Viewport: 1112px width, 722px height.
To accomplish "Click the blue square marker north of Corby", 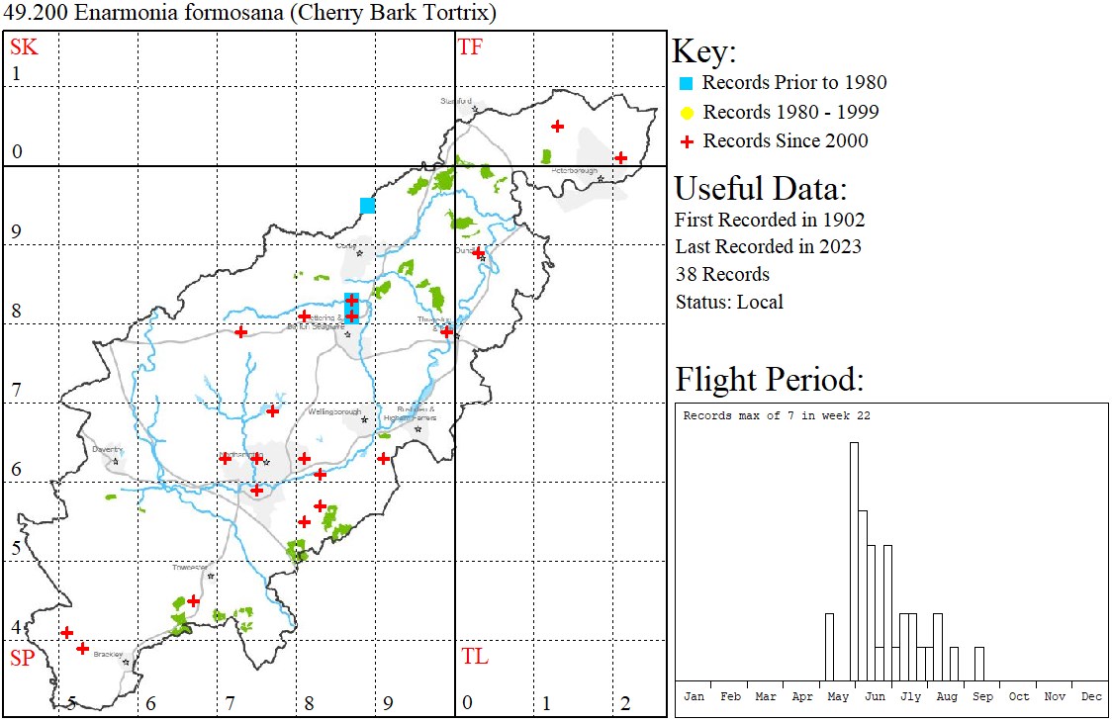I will coord(367,206).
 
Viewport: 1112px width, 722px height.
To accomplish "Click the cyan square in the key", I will coord(686,83).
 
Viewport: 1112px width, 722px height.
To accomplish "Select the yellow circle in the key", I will coord(686,113).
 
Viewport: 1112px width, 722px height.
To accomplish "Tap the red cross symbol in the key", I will coord(686,141).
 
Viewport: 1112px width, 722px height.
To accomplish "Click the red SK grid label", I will coord(24,46).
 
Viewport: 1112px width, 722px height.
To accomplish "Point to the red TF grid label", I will coord(470,46).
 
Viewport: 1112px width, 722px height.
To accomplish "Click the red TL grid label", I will coord(474,657).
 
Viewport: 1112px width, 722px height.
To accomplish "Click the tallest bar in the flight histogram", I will coord(854,561).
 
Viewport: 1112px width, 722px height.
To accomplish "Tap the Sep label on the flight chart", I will coord(982,696).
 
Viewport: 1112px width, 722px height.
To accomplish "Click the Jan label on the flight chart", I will coord(694,696).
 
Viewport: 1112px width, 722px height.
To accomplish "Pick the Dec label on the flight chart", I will coord(1091,696).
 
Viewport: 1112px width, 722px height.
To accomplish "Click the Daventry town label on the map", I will coord(105,449).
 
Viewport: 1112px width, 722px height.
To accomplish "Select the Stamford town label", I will coord(457,101).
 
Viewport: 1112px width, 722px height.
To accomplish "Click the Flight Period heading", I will coord(770,379).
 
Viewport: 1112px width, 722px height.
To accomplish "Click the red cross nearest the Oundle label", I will coord(479,253).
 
